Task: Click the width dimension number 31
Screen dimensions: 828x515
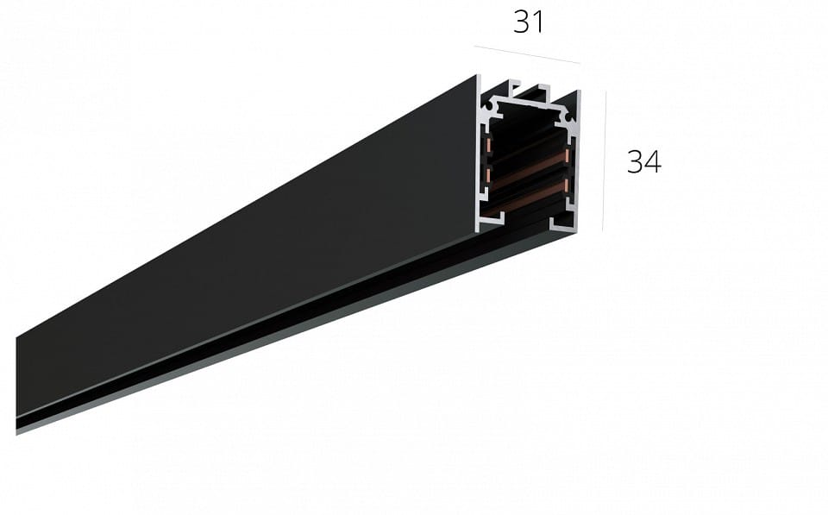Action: tap(528, 22)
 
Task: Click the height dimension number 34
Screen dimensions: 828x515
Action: tap(643, 162)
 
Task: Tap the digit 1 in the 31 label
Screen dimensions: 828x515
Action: tap(537, 22)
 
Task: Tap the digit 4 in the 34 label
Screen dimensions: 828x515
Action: tap(653, 162)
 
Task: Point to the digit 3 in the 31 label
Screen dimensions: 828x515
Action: tap(522, 22)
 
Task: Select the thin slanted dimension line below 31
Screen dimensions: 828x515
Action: tap(527, 55)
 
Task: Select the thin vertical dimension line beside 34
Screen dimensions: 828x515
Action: tap(604, 161)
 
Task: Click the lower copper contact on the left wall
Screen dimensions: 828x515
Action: tap(488, 175)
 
